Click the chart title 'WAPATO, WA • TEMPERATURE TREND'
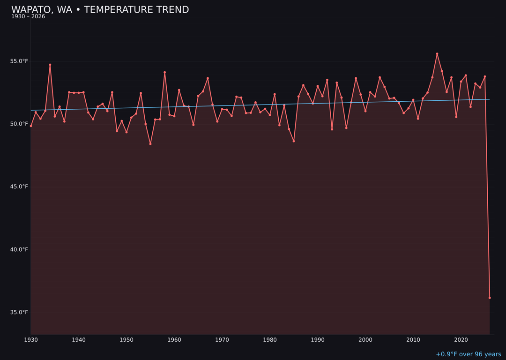point(100,10)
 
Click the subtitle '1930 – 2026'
point(28,17)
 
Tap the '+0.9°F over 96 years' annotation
point(468,354)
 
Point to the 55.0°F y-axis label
point(19,61)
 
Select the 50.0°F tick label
point(19,124)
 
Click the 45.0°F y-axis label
point(19,187)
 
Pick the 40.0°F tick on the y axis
point(19,249)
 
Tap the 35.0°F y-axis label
point(19,312)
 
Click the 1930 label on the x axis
point(31,340)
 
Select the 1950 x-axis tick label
point(126,340)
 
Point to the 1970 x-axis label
point(222,340)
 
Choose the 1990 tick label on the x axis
point(318,340)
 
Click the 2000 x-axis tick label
point(365,340)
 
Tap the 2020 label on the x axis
point(461,340)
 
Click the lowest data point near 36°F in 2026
point(490,298)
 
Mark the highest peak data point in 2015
point(437,54)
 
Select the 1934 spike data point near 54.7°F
point(50,65)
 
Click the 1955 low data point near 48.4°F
point(150,144)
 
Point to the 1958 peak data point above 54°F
point(164,72)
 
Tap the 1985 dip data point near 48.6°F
point(294,141)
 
